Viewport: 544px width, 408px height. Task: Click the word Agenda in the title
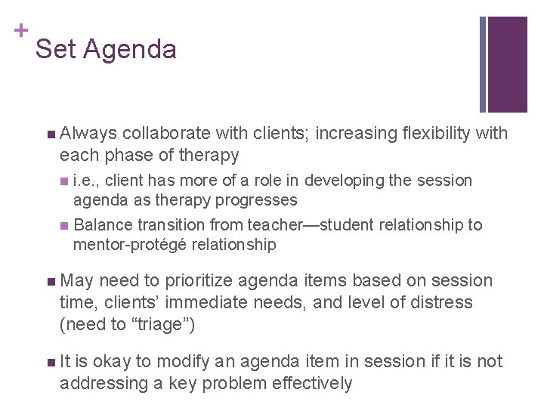[130, 50]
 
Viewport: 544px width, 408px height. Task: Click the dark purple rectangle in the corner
[507, 64]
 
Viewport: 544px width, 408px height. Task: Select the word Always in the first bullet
[88, 134]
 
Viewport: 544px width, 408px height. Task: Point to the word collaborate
[165, 134]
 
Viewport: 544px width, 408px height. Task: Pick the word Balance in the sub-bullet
[102, 225]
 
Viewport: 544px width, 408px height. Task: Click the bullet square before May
[50, 282]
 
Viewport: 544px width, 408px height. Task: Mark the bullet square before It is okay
[50, 363]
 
